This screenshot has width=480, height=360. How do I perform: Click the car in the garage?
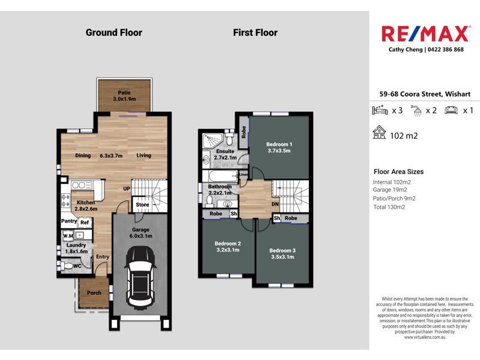[x=140, y=280]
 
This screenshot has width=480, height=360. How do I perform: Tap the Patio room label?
[x=124, y=96]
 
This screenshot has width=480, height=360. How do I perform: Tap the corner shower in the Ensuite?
[x=212, y=140]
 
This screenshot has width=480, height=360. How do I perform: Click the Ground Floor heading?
[x=114, y=32]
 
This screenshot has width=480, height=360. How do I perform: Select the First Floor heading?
[x=255, y=32]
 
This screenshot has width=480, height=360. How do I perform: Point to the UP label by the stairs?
[x=127, y=188]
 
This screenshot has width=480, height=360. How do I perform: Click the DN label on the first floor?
[x=275, y=203]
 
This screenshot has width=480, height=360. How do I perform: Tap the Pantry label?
[x=69, y=221]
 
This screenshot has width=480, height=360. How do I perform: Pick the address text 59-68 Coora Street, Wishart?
[x=425, y=94]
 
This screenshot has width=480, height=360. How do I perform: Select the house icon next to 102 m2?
[x=379, y=133]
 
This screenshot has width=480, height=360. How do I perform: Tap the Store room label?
[x=142, y=205]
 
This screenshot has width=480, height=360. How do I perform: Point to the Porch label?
[x=94, y=293]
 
